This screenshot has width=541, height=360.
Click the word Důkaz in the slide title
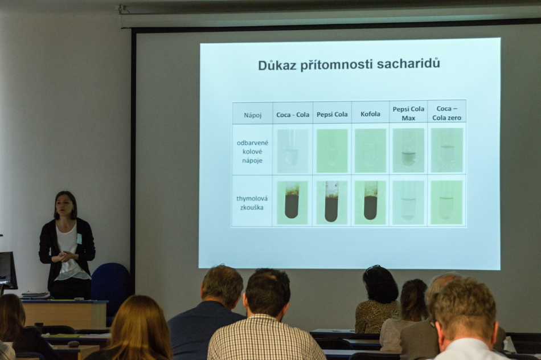(277, 65)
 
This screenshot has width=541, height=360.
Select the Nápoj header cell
(252, 115)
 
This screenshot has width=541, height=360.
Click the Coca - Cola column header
(293, 114)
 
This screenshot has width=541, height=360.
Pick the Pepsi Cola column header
(332, 114)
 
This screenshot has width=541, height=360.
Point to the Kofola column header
(370, 114)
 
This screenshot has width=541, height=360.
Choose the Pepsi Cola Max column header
(408, 113)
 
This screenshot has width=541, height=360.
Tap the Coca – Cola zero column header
(446, 113)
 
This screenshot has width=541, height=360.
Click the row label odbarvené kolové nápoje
(252, 152)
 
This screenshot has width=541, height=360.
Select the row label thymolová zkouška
(252, 203)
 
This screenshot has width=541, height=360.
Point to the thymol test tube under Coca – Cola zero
(446, 202)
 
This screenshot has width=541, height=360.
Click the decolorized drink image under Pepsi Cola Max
(408, 150)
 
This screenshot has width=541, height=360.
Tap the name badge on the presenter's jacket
(79, 239)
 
